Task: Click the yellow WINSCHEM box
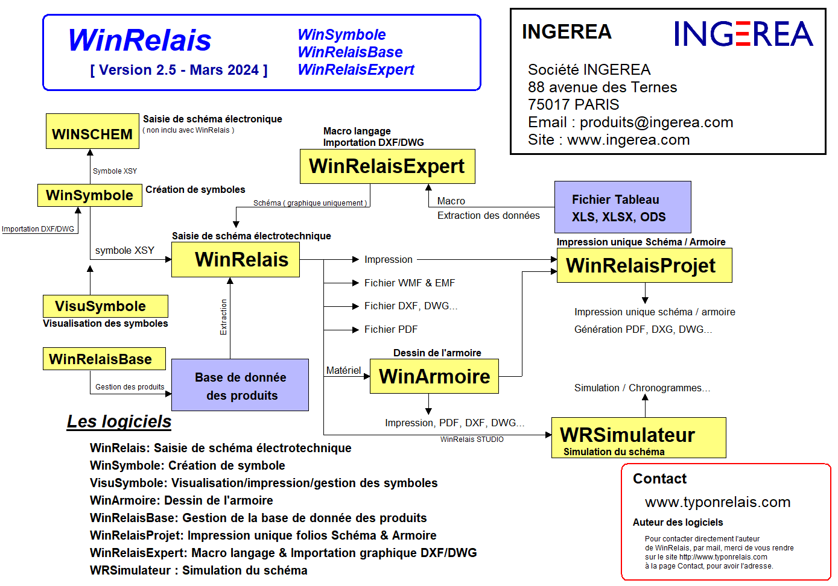point(92,131)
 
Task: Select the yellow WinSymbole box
point(90,195)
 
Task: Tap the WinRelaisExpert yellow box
point(387,166)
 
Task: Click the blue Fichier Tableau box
point(623,207)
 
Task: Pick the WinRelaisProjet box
point(644,266)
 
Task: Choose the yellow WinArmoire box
point(434,377)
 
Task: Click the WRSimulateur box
point(638,438)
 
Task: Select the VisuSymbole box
point(105,306)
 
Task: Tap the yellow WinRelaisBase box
point(104,359)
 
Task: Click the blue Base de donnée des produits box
point(240,386)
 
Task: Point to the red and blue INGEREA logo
point(743,34)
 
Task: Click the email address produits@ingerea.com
point(656,122)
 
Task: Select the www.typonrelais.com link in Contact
point(717,502)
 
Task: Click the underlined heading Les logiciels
point(119,421)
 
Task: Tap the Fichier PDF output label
point(390,330)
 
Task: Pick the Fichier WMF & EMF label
point(409,283)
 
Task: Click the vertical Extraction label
point(223,317)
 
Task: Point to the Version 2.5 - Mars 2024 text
point(179,71)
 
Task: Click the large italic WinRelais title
point(140,40)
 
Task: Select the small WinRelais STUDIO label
point(472,439)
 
